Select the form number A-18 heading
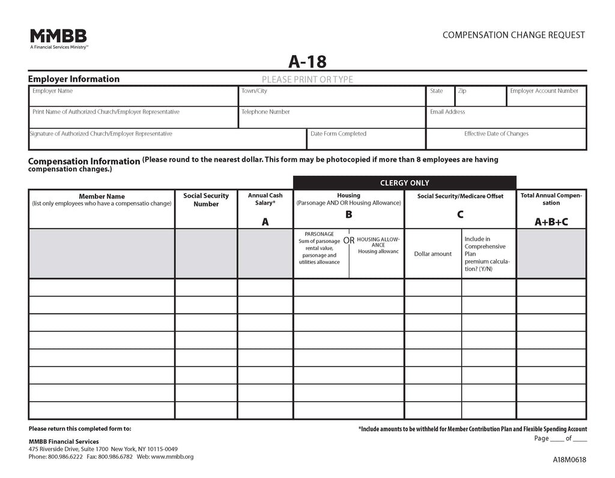tap(307, 62)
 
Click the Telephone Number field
tap(332, 119)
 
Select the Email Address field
tap(506, 119)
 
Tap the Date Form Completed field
tap(366, 140)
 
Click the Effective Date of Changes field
tap(506, 140)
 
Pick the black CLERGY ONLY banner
tap(404, 183)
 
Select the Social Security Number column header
tap(206, 200)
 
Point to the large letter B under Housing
tap(348, 215)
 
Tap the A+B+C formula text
tap(551, 222)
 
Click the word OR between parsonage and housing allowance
tap(348, 240)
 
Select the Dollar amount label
tap(432, 254)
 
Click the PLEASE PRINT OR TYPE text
tap(307, 79)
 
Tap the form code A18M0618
tap(570, 461)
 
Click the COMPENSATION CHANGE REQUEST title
tap(514, 35)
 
